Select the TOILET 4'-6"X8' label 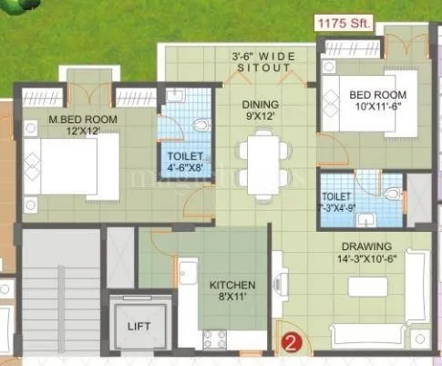(x=185, y=162)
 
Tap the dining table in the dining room (x=262, y=164)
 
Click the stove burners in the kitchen (x=215, y=340)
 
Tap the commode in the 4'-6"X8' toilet (x=202, y=126)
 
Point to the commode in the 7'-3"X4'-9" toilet (x=392, y=193)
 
